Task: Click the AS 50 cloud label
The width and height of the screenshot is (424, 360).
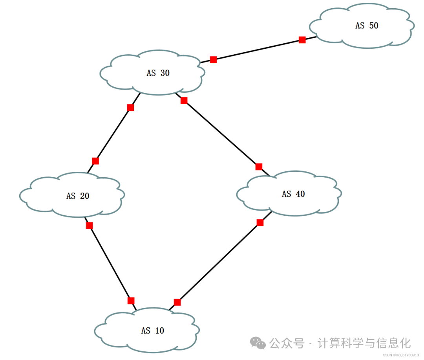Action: pyautogui.click(x=367, y=26)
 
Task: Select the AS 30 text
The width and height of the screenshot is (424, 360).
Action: pyautogui.click(x=158, y=73)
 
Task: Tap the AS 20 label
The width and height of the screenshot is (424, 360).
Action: pyautogui.click(x=78, y=196)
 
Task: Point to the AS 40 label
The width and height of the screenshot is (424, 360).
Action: pyautogui.click(x=293, y=194)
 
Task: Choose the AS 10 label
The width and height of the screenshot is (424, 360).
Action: pyautogui.click(x=152, y=331)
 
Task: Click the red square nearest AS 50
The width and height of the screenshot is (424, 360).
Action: pyautogui.click(x=302, y=40)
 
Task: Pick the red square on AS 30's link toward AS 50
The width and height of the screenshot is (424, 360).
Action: pyautogui.click(x=213, y=60)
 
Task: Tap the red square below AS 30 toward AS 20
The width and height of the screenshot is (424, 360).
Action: pyautogui.click(x=130, y=107)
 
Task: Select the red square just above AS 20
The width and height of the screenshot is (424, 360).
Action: pyautogui.click(x=95, y=161)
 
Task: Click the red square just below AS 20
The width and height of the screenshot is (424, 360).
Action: pyautogui.click(x=90, y=226)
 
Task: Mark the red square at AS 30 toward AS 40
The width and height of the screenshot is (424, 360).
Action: pyautogui.click(x=184, y=101)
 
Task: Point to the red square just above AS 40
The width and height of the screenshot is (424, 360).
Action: pyautogui.click(x=259, y=167)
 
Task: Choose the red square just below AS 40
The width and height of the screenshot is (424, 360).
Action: pyautogui.click(x=260, y=223)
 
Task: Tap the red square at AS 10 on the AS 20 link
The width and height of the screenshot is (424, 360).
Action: pyautogui.click(x=131, y=301)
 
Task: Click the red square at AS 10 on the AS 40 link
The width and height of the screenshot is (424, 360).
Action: pyautogui.click(x=177, y=302)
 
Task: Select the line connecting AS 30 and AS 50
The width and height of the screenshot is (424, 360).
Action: pyautogui.click(x=258, y=50)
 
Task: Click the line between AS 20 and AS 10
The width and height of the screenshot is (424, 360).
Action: pyautogui.click(x=110, y=263)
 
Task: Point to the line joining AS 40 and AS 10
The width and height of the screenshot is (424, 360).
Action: pyautogui.click(x=218, y=263)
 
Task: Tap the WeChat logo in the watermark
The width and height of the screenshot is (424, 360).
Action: pyautogui.click(x=258, y=343)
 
